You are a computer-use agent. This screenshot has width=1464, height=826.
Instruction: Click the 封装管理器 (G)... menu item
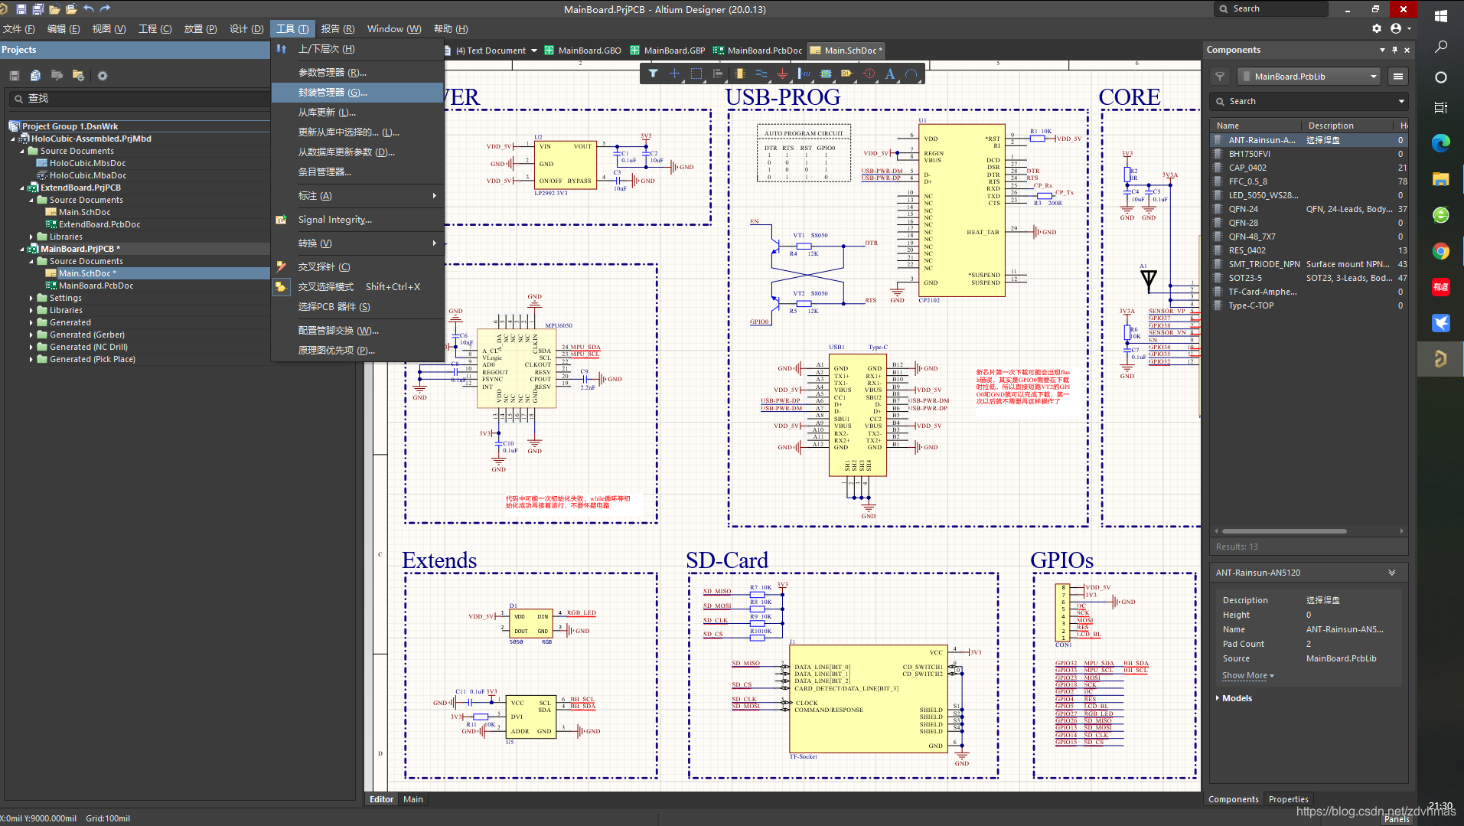tap(332, 93)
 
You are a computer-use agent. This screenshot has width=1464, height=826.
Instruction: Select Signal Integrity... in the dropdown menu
tap(334, 220)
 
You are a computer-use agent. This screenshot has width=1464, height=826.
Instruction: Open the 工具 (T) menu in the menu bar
tap(292, 29)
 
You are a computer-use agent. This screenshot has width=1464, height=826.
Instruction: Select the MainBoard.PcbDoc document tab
tap(764, 51)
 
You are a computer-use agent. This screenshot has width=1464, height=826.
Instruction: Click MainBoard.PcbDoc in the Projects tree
tap(96, 286)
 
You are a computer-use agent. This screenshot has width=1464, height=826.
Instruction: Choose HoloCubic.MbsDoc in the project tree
tap(87, 163)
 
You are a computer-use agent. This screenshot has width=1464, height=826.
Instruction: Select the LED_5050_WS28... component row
tap(1263, 195)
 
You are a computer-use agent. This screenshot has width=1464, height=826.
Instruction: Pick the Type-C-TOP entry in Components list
tap(1250, 305)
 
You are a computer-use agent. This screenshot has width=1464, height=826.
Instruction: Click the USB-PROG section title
tap(782, 97)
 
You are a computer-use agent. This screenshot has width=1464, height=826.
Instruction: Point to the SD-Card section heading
tap(726, 560)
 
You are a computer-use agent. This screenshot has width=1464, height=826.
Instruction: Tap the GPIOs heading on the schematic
tap(1061, 560)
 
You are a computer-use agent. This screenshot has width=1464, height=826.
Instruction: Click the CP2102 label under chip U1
tap(928, 300)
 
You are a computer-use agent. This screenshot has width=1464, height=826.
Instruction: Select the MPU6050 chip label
tap(558, 325)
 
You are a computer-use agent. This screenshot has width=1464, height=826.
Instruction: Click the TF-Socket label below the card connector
tap(803, 756)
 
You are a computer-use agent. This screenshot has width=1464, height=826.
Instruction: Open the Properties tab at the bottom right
tap(1288, 799)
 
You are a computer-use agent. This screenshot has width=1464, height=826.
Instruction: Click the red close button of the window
tap(1403, 9)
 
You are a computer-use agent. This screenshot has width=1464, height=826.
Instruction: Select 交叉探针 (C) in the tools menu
tap(324, 267)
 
